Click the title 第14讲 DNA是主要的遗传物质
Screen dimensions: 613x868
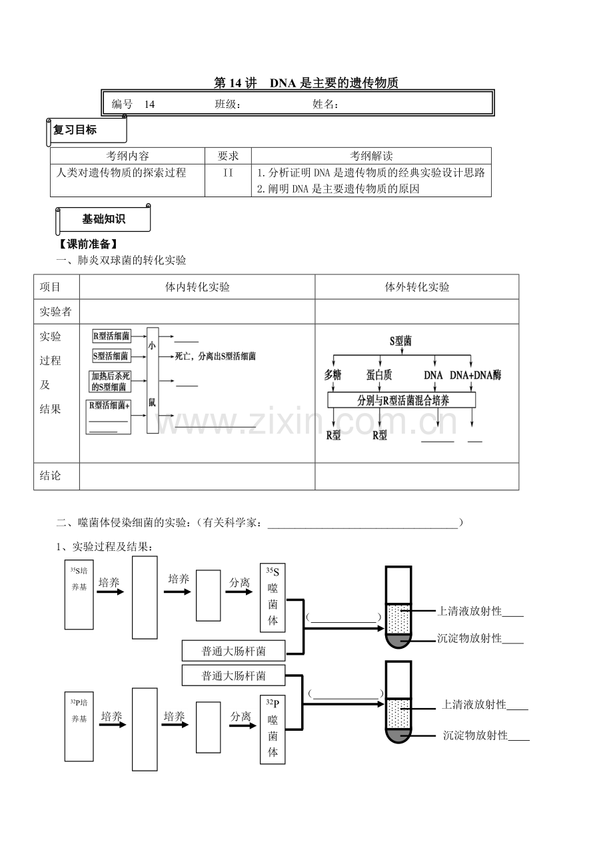(306, 83)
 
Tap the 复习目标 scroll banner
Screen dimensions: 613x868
(87, 131)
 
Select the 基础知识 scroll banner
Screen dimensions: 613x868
(103, 219)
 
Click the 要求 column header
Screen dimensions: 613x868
(228, 156)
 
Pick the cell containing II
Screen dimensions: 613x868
(228, 181)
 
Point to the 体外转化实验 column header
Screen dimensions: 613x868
(417, 286)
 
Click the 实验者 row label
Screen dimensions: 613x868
(55, 312)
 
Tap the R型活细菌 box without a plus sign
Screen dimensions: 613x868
(111, 336)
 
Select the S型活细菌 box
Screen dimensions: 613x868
(111, 356)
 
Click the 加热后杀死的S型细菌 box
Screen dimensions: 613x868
(110, 381)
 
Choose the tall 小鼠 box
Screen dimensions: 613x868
(153, 380)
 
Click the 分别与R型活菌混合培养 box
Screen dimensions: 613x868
(401, 400)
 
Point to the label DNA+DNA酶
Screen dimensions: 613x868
(476, 375)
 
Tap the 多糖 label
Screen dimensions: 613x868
(332, 375)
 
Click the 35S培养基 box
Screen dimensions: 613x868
(79, 594)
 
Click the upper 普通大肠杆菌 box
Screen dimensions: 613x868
(234, 651)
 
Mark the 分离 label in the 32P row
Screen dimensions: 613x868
(241, 717)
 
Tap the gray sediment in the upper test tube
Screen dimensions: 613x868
(398, 640)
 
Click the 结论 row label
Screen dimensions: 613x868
(50, 476)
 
